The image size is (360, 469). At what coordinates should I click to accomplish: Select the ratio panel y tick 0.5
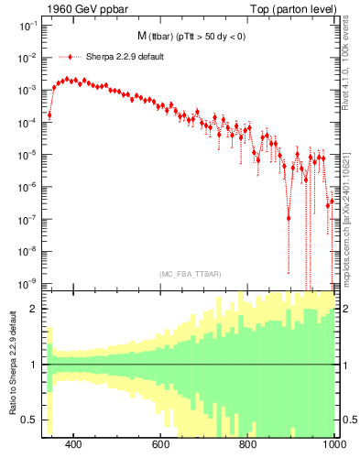(31, 420)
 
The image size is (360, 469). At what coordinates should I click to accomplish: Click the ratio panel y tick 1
(35, 365)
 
